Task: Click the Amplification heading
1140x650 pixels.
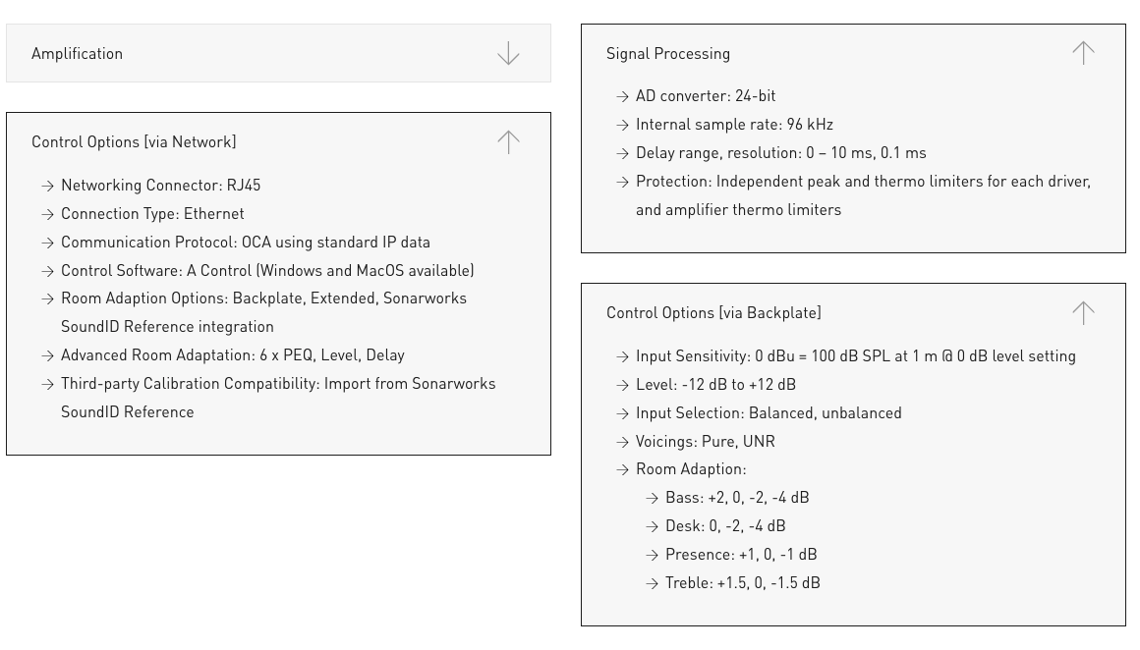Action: click(77, 54)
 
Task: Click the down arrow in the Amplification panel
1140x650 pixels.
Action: click(508, 53)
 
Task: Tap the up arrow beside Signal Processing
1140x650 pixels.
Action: click(1083, 53)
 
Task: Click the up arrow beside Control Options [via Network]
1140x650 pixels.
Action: click(508, 142)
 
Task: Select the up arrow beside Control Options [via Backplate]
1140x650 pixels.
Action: click(1083, 312)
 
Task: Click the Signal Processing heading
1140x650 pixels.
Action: click(667, 54)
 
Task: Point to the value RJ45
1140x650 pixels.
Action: click(244, 186)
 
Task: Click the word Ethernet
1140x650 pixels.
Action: click(214, 214)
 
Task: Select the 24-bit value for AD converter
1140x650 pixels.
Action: click(755, 96)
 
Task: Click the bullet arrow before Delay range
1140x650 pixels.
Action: click(622, 153)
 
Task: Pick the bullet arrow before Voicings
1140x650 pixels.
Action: click(622, 442)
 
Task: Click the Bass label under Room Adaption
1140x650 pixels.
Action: click(683, 498)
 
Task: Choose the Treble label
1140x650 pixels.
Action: click(688, 583)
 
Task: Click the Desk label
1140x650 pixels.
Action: click(683, 526)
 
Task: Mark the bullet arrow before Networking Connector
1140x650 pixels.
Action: click(47, 186)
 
